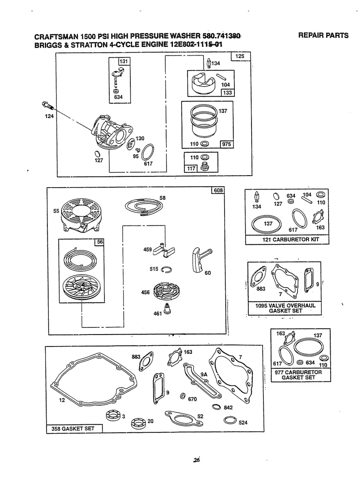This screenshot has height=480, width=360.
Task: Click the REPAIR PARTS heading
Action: coord(323,35)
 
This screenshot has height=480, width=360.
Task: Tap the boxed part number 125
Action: coord(240,56)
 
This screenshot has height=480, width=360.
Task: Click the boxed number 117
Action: coord(191,168)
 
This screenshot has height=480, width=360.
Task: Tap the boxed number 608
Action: coord(218,191)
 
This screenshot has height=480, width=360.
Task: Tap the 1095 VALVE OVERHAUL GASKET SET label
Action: coord(284,308)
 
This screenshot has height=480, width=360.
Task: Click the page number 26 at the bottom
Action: coord(195,460)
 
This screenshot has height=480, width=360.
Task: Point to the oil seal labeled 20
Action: coord(137,422)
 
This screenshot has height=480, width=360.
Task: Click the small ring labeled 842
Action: coord(216,406)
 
